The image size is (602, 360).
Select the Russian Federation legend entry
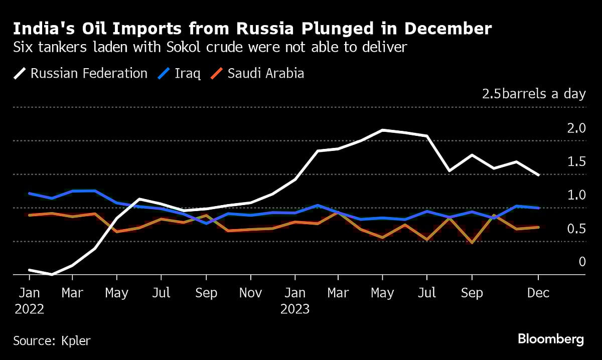(80, 73)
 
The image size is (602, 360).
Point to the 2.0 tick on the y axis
(575, 128)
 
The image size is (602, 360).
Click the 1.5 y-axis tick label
(575, 161)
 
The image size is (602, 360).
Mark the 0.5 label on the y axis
(575, 229)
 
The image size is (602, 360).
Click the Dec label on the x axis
(538, 293)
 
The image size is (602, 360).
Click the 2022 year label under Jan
(29, 309)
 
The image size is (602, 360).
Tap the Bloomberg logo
(551, 339)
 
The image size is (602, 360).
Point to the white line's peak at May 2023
(383, 130)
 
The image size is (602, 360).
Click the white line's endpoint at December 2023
(538, 175)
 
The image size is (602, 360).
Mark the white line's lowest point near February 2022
(51, 275)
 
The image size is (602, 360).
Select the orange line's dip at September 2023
(472, 243)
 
